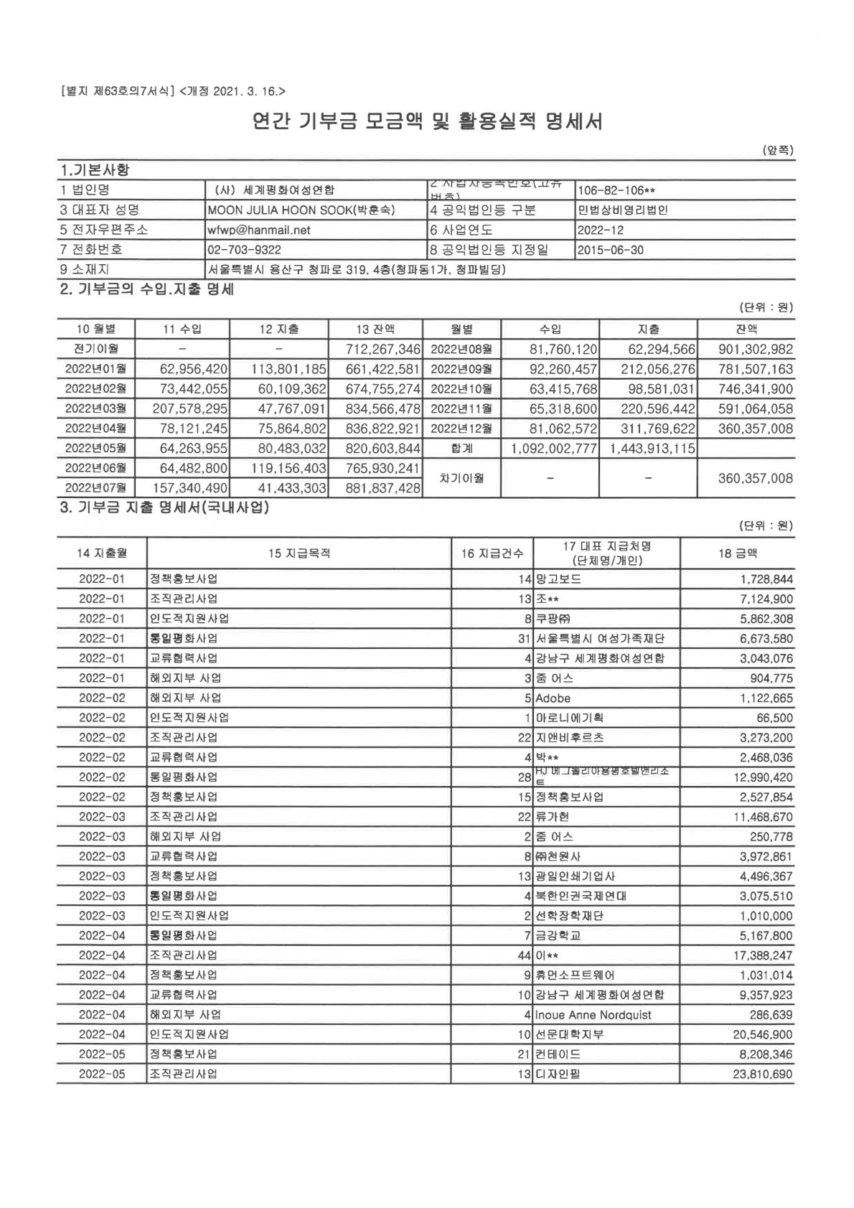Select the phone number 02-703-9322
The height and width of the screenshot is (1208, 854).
pos(244,250)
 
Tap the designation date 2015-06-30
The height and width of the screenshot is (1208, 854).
pos(610,250)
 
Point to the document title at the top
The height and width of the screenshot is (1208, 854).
pos(427,121)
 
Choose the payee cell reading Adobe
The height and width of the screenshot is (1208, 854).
pos(553,698)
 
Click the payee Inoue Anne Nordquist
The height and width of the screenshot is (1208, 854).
pos(593,1015)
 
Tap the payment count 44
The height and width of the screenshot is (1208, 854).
pos(525,955)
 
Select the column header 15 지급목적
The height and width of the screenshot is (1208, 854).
pos(299,553)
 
